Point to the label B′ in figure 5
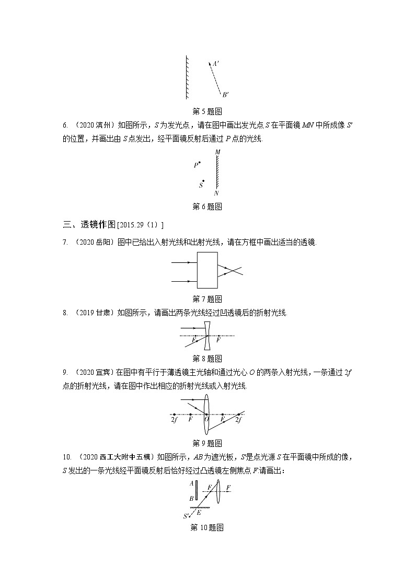[225, 95]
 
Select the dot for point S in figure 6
[204, 182]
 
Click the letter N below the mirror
[216, 193]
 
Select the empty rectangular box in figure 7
[208, 270]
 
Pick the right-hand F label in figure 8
[218, 340]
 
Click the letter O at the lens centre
[206, 419]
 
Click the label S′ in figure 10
[186, 516]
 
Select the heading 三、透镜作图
[89, 225]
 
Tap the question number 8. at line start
[65, 313]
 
